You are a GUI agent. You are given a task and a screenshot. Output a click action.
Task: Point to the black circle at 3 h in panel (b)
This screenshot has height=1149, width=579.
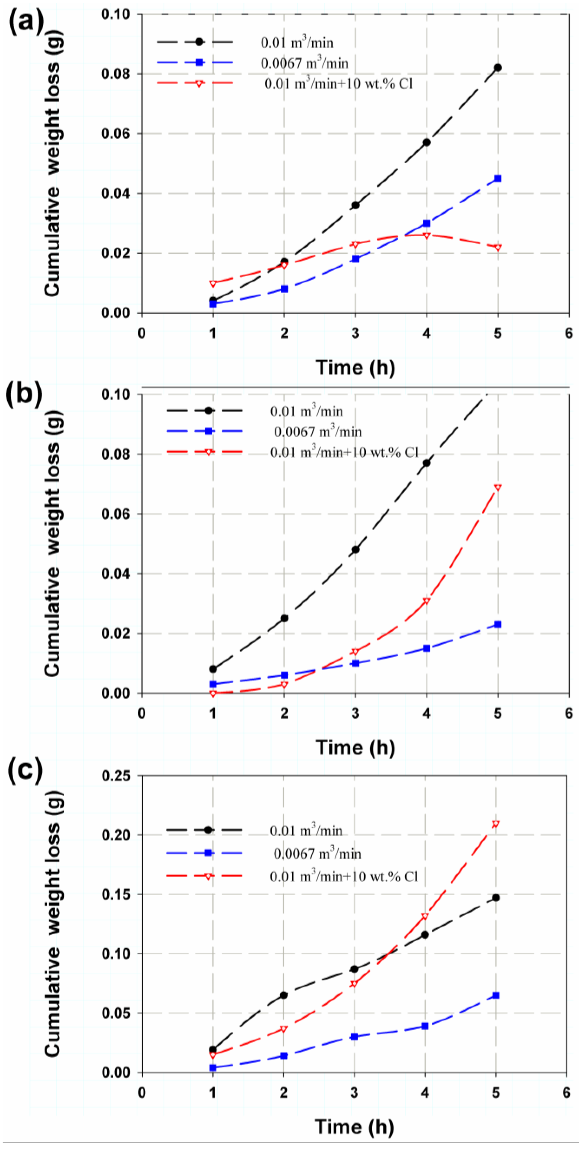355,549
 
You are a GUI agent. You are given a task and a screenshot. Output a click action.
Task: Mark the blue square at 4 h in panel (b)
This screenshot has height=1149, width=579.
427,648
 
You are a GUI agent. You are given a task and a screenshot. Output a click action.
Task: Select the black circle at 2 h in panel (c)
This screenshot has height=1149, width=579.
284,995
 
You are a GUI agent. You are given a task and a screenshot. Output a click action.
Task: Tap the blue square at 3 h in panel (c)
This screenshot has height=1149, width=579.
354,1037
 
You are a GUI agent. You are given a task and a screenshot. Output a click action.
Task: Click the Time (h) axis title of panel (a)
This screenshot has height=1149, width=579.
355,368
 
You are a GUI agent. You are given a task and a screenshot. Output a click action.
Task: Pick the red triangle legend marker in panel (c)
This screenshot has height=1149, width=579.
208,876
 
